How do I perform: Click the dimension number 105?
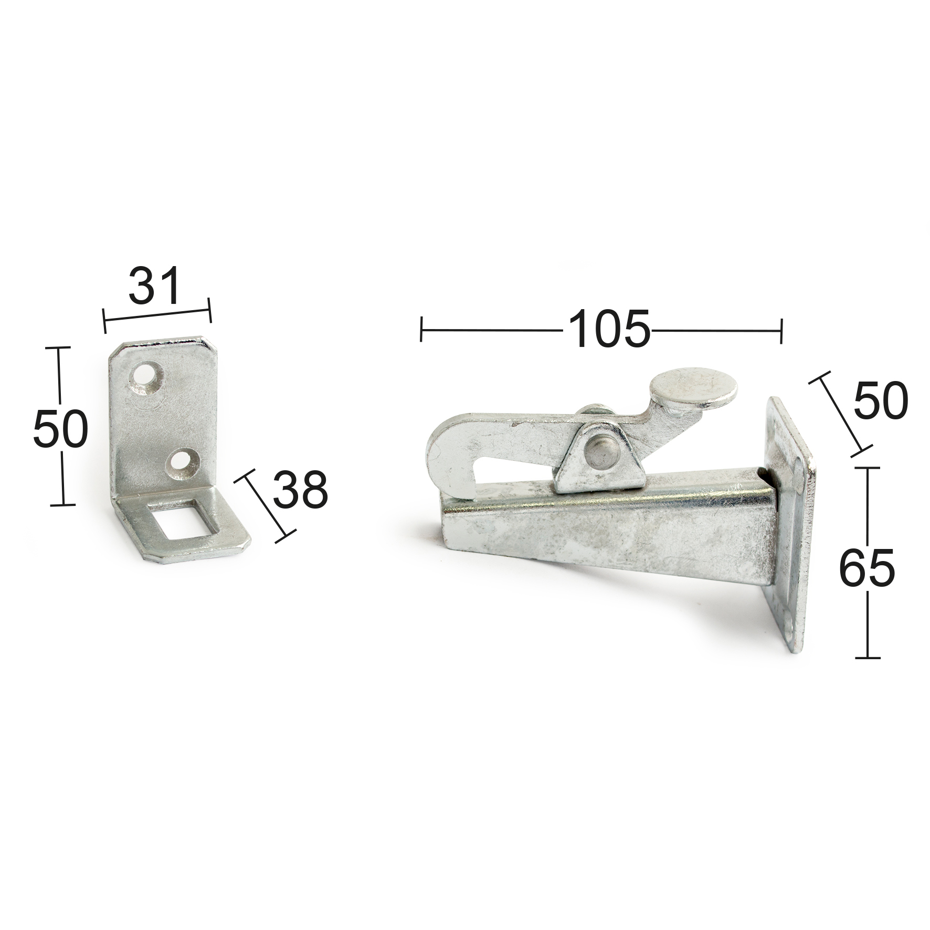pos(609,329)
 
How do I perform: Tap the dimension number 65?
pos(866,568)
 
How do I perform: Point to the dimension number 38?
pos(300,489)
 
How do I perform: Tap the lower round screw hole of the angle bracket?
pos(182,461)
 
